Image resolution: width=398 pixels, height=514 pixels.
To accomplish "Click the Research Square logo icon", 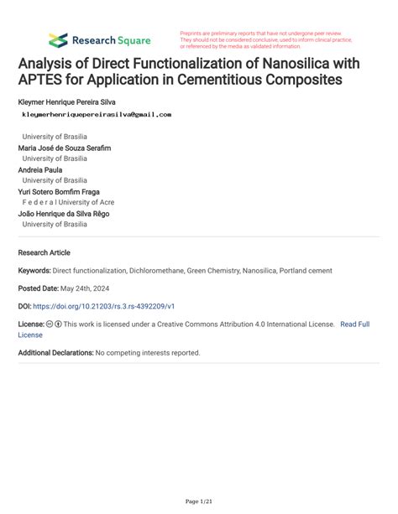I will (x=58, y=39).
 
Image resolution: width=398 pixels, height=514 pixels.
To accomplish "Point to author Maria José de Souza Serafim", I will (x=65, y=148).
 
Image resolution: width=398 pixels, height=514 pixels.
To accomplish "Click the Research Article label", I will (x=44, y=252).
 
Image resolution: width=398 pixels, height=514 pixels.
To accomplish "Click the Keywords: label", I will (x=34, y=271).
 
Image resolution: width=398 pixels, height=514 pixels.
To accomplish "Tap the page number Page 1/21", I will (x=198, y=501).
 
